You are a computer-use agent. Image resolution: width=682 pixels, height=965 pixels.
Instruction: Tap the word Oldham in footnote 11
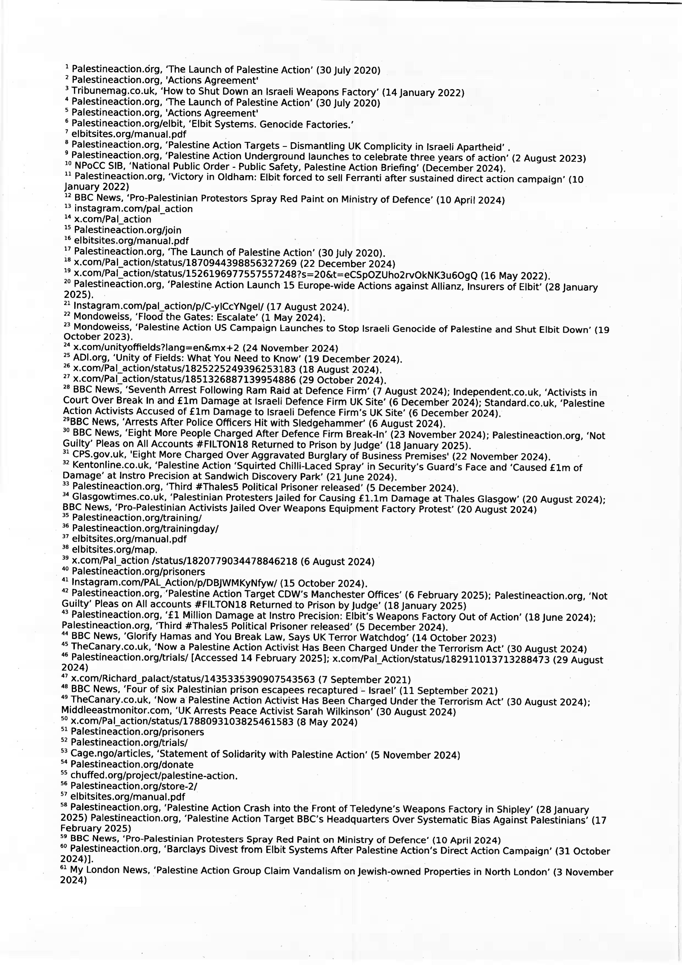(x=236, y=177)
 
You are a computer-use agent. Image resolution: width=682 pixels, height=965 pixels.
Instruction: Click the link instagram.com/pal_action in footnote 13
(x=133, y=209)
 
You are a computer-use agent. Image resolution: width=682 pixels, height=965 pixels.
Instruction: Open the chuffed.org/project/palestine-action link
(x=154, y=776)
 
